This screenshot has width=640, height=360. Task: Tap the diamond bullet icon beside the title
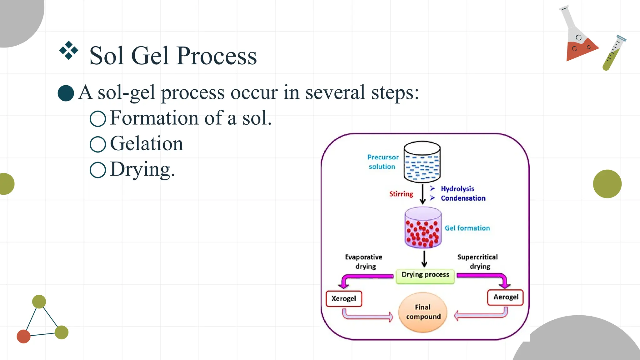(x=68, y=50)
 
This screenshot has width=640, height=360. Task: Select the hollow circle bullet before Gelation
(x=98, y=144)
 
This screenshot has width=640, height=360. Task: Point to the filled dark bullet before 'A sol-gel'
(x=66, y=93)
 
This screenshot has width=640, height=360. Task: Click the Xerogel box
(x=344, y=299)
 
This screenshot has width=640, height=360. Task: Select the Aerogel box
(x=505, y=297)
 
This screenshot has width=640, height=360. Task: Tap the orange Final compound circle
(x=423, y=312)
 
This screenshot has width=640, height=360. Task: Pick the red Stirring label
(x=401, y=194)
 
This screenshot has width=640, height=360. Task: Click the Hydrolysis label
(x=457, y=189)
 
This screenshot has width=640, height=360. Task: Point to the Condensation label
(x=463, y=198)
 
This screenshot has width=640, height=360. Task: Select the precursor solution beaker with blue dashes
(x=422, y=162)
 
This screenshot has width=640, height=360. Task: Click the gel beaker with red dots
(x=423, y=228)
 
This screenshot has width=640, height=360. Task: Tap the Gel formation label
(x=467, y=228)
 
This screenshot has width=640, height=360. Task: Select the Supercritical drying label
(x=477, y=262)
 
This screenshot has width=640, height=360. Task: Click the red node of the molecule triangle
(x=23, y=336)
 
